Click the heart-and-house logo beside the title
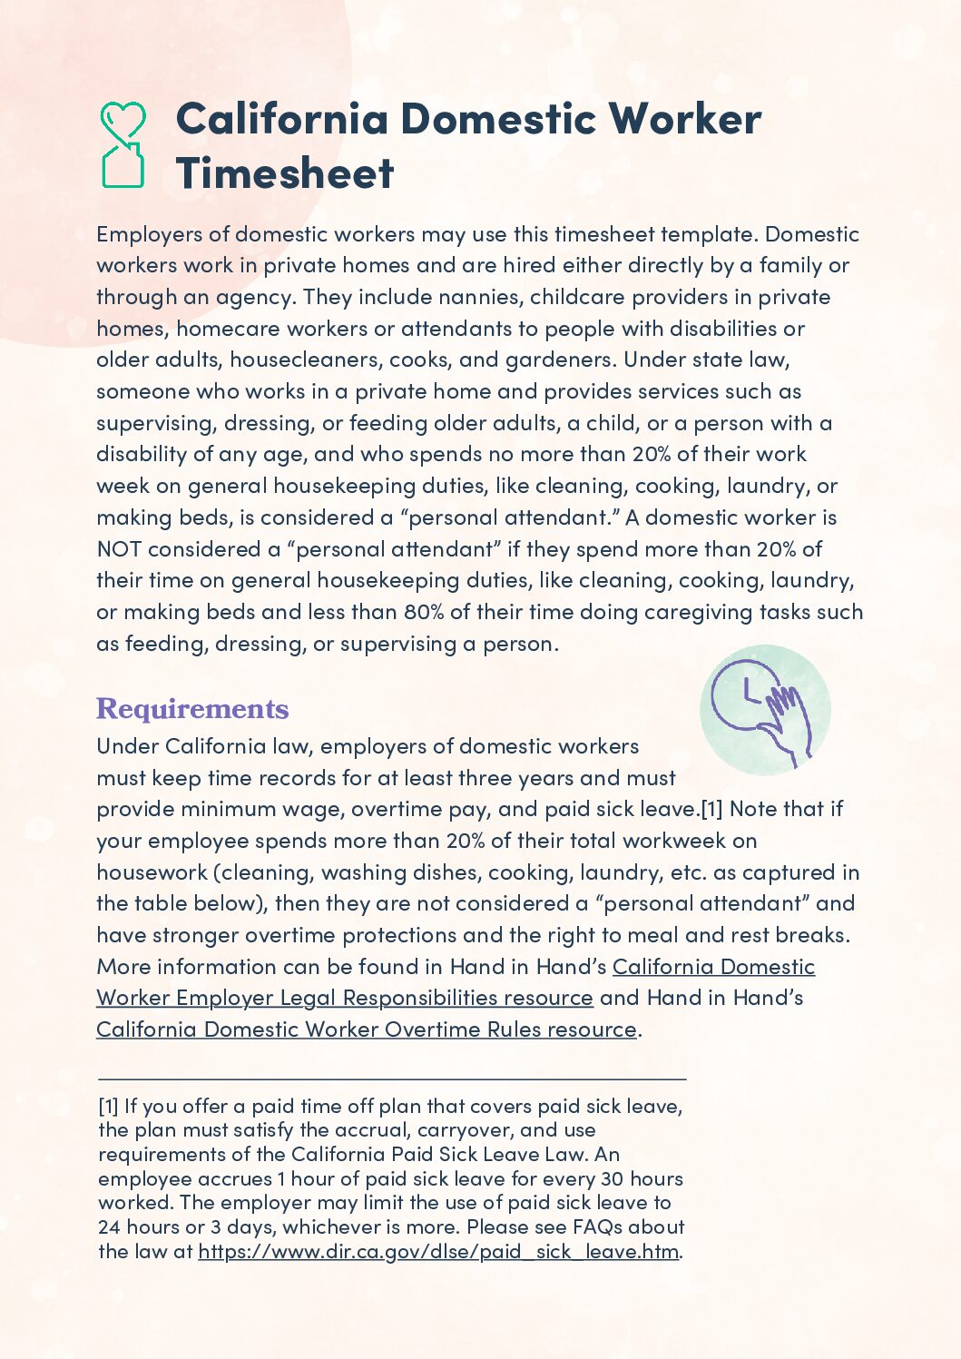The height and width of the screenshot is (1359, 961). pyautogui.click(x=123, y=144)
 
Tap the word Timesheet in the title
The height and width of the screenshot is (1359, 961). pyautogui.click(x=285, y=172)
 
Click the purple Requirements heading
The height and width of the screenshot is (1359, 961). pyautogui.click(x=192, y=709)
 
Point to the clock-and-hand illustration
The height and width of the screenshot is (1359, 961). pyautogui.click(x=764, y=710)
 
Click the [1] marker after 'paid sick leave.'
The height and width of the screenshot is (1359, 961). pyautogui.click(x=711, y=809)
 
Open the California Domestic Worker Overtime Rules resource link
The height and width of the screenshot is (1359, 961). pyautogui.click(x=367, y=1029)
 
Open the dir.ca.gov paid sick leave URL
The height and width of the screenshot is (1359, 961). pyautogui.click(x=438, y=1251)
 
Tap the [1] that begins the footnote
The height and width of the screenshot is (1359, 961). pyautogui.click(x=108, y=1107)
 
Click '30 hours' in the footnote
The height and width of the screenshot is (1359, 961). pyautogui.click(x=642, y=1179)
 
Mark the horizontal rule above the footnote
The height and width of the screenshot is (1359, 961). pyautogui.click(x=391, y=1078)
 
